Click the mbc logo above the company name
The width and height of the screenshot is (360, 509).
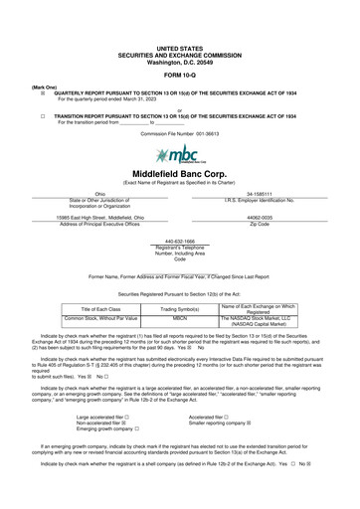[179, 156]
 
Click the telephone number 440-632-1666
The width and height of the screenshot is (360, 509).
[179, 240]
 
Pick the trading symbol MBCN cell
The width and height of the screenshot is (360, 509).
[179, 317]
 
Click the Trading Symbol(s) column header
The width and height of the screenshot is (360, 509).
[179, 307]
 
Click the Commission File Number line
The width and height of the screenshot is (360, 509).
[179, 132]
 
